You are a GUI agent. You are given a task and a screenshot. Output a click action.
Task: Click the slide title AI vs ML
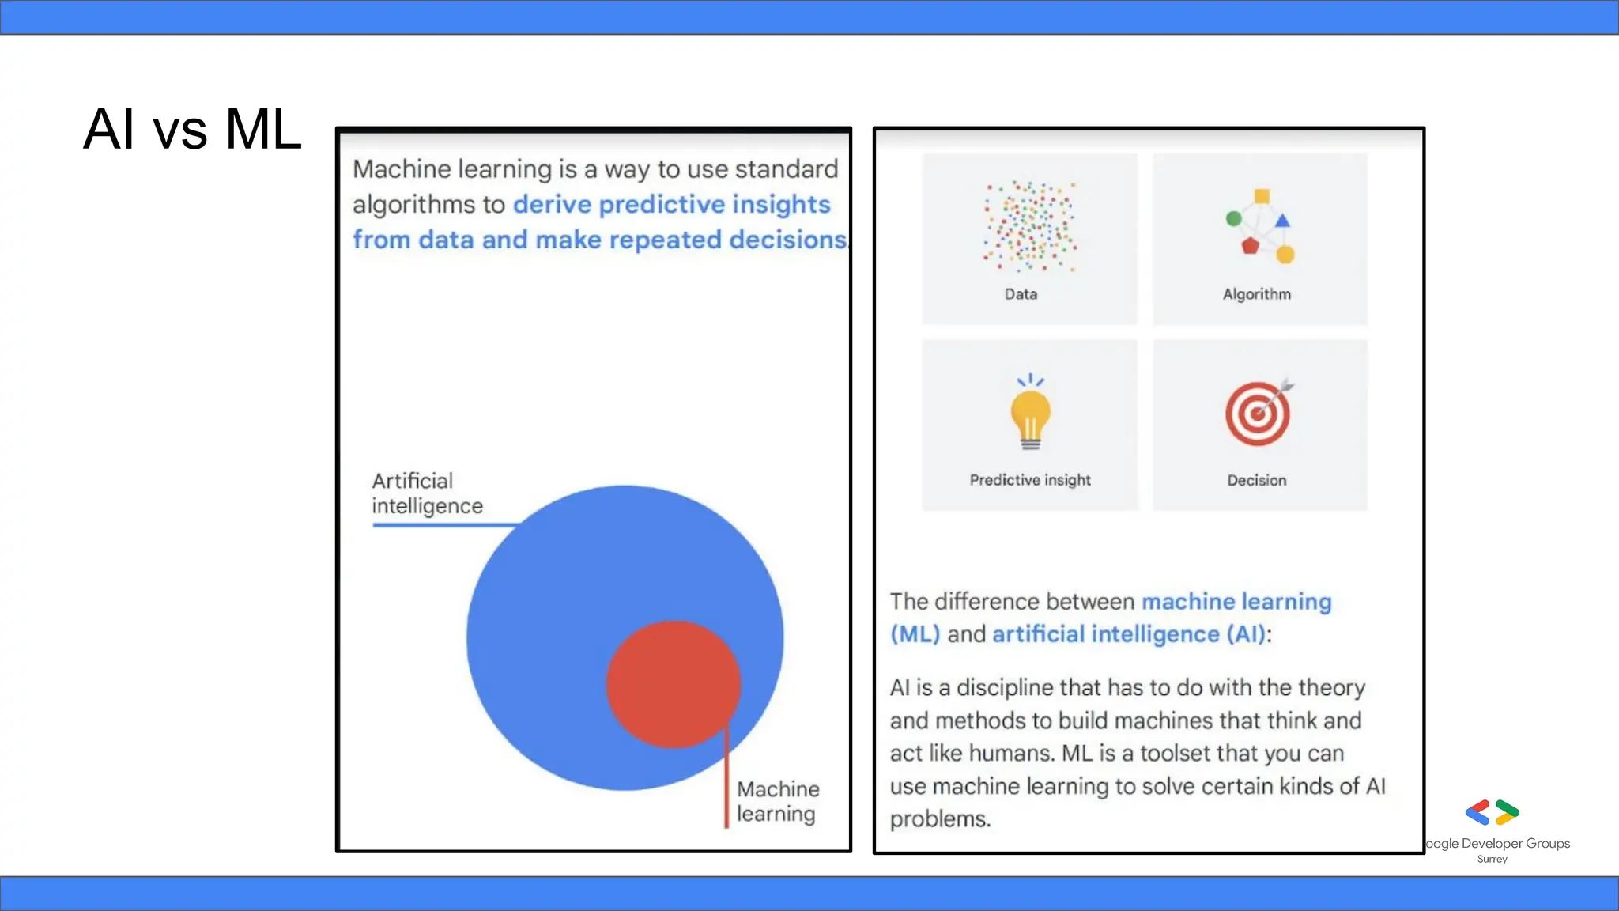[192, 129]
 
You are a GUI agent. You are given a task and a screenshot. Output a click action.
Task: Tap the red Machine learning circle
[673, 684]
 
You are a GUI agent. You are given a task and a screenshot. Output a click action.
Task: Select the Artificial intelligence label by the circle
[427, 493]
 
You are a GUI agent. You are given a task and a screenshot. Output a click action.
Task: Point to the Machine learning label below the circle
[777, 801]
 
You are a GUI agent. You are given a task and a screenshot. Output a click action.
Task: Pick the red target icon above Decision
[1257, 414]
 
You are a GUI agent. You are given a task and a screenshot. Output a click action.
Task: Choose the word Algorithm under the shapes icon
[1256, 294]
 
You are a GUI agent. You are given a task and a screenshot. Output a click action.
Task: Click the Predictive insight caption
[1030, 480]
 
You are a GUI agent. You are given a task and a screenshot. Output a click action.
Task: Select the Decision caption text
[1256, 480]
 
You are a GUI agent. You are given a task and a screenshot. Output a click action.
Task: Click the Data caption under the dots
[1021, 294]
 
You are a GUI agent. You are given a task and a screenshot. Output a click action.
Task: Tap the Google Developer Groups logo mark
[1492, 812]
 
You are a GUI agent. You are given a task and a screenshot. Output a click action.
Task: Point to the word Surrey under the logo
[1492, 860]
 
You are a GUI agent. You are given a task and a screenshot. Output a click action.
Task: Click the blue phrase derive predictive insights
[671, 204]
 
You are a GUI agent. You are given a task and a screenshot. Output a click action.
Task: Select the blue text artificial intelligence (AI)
[1129, 634]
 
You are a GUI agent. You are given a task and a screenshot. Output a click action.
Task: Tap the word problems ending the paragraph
[940, 819]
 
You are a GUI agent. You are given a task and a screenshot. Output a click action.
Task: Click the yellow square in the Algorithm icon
[1262, 196]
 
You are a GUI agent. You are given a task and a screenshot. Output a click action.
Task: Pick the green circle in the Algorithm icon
[1233, 218]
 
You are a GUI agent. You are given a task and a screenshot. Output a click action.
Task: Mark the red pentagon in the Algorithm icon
[1250, 246]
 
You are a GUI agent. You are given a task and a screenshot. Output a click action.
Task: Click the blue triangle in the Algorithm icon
[1282, 221]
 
